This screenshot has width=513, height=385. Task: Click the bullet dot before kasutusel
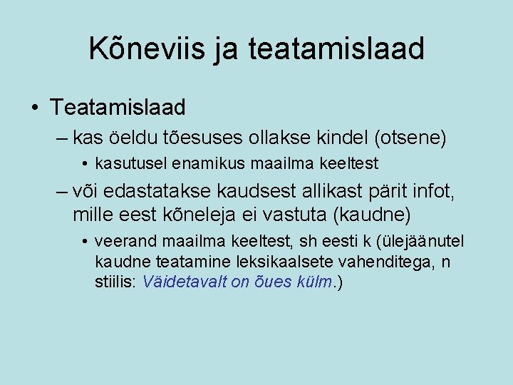[x=85, y=164]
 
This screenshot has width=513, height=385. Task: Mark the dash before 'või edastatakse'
[x=62, y=191]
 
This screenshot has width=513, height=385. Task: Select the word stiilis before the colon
[x=115, y=282]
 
